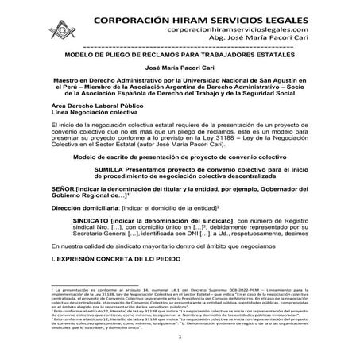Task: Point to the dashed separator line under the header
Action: coord(179,45)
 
